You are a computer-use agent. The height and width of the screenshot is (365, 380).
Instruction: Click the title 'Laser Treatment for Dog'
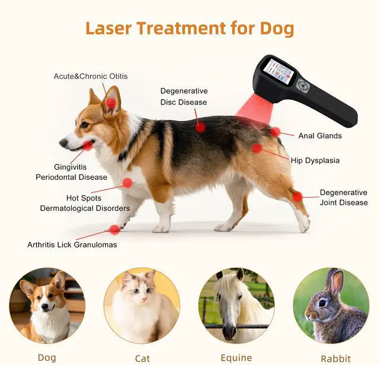[189, 28]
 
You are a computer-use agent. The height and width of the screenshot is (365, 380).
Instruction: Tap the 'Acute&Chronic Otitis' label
[90, 76]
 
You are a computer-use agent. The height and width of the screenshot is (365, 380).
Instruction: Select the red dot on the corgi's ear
[111, 104]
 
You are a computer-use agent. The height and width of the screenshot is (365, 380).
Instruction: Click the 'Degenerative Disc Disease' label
[184, 96]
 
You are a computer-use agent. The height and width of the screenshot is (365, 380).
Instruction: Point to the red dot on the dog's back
[200, 126]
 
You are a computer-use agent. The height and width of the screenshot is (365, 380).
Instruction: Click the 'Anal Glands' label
[319, 136]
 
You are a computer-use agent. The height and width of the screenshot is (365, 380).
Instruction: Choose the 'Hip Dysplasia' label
[315, 160]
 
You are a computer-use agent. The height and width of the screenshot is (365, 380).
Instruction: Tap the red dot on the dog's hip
[256, 148]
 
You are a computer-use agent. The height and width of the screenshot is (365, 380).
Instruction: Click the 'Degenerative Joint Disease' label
[343, 198]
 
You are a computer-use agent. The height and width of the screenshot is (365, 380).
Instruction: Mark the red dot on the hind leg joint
[297, 196]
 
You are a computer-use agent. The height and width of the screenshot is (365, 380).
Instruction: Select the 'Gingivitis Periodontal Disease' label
[71, 172]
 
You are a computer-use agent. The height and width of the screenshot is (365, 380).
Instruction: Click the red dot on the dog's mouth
[87, 145]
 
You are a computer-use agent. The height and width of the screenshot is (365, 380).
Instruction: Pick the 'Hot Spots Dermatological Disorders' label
[84, 203]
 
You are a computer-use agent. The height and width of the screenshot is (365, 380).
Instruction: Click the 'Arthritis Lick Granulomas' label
[72, 245]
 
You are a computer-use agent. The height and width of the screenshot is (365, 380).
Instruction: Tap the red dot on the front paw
[115, 230]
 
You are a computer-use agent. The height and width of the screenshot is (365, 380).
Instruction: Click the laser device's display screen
[278, 72]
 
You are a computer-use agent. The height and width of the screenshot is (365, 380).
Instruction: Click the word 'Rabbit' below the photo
[335, 358]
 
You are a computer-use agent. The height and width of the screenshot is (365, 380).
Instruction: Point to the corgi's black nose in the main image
[62, 143]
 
